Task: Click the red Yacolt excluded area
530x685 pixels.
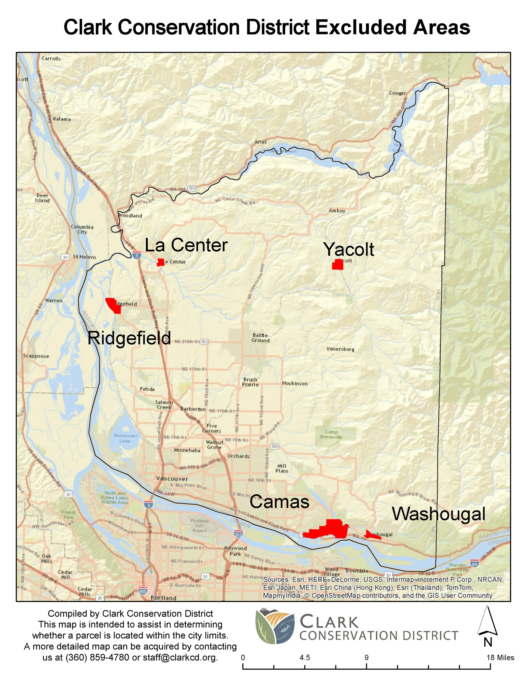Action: click(x=338, y=265)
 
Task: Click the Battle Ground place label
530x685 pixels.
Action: click(x=260, y=338)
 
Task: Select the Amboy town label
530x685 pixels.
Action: click(x=337, y=211)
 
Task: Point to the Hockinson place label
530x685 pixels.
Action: click(x=295, y=383)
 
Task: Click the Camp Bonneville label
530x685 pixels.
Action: click(x=331, y=434)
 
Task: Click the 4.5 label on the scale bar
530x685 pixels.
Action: click(x=305, y=657)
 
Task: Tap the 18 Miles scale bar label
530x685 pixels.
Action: click(x=500, y=657)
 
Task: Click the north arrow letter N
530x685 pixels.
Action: click(x=488, y=643)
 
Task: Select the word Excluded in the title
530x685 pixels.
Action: click(x=361, y=27)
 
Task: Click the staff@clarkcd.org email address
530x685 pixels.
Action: click(x=180, y=657)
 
